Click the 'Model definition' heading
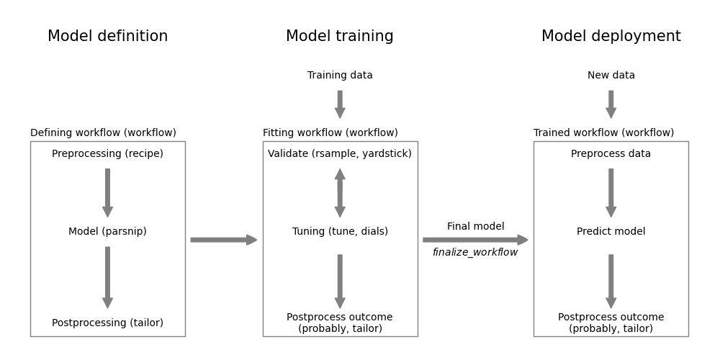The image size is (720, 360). (107, 37)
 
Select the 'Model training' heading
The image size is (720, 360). (340, 37)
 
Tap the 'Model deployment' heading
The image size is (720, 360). (611, 37)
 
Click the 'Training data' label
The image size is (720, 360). (340, 76)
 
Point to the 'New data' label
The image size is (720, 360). (611, 76)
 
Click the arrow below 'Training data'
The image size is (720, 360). (340, 104)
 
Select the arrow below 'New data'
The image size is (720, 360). (611, 104)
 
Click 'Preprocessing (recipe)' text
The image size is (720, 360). (107, 154)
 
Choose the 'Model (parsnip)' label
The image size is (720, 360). (107, 232)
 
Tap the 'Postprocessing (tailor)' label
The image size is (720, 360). (107, 323)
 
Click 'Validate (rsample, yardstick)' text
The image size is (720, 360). (340, 154)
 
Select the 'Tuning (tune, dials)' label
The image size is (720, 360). (340, 232)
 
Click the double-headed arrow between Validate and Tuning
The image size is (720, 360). (340, 193)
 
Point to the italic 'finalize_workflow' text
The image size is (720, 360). (475, 253)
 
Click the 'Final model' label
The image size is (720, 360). (475, 227)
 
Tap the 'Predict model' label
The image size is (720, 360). (611, 232)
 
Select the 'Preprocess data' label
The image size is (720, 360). (611, 154)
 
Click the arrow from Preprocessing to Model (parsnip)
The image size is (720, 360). (107, 193)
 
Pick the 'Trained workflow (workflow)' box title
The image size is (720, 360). (603, 133)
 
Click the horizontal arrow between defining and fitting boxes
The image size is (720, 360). (223, 240)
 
